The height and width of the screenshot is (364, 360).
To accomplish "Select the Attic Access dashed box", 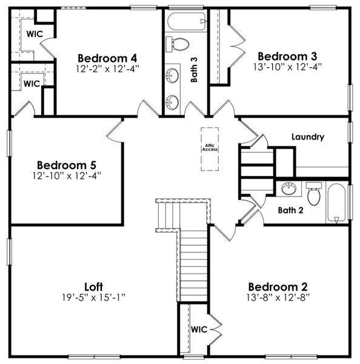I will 210,147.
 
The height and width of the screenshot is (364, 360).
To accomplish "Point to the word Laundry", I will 307,137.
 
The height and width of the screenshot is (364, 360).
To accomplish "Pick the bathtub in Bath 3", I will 185,22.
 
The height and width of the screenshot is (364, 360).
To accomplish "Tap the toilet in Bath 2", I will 314,194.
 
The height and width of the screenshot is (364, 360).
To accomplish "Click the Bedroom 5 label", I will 67,164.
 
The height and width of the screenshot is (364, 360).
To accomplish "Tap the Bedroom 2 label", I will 278,287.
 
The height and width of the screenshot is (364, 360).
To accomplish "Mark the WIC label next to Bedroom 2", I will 199,329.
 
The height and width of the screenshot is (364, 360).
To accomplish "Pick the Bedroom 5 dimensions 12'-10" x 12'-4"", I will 67,176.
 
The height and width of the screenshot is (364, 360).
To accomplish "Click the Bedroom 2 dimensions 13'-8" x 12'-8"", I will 278,298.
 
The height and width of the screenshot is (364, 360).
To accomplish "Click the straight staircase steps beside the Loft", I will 193,267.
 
